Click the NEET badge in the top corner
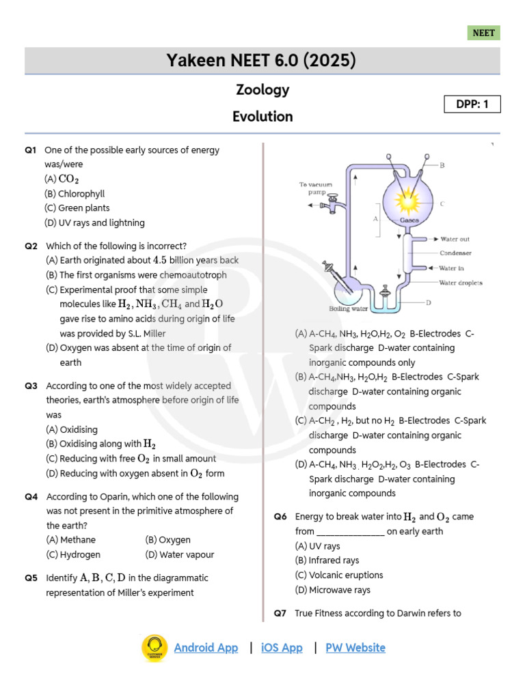click(x=484, y=33)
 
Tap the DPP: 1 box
click(x=472, y=104)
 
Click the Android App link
click(x=206, y=648)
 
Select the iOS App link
click(x=282, y=648)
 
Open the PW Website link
click(x=355, y=648)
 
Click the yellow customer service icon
click(x=154, y=648)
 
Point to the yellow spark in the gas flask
click(x=409, y=201)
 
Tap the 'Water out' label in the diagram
click(x=455, y=239)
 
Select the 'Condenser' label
click(x=455, y=253)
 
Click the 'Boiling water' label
click(x=349, y=309)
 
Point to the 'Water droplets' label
click(x=461, y=282)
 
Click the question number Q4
click(x=31, y=497)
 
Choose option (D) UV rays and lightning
click(x=94, y=223)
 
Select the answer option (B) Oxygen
click(x=168, y=540)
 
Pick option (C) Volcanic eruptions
click(x=339, y=575)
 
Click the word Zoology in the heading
click(x=262, y=89)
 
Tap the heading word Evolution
click(x=262, y=116)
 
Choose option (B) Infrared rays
click(x=327, y=560)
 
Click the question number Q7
click(x=280, y=613)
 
